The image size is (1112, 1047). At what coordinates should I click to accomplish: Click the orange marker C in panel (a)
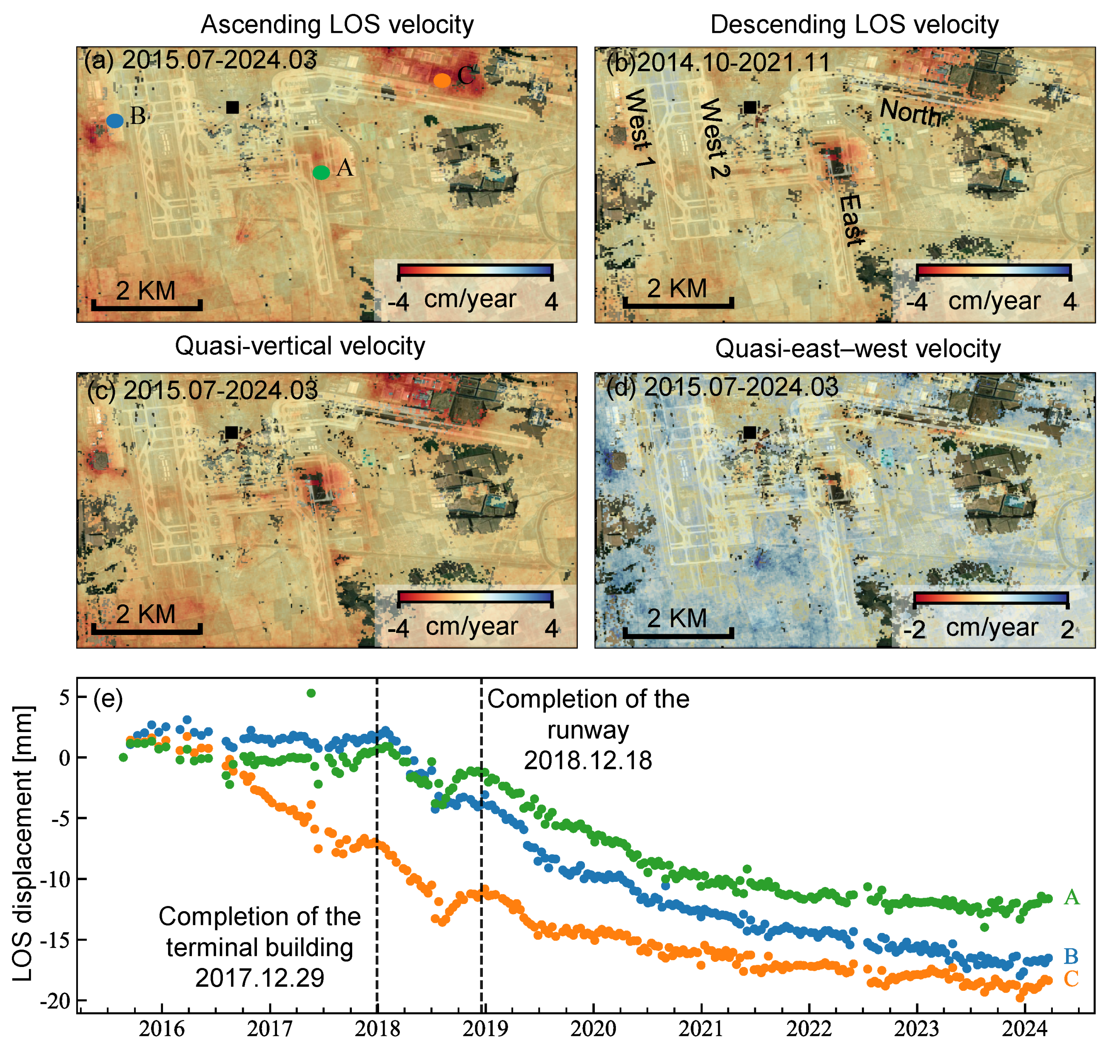tap(442, 80)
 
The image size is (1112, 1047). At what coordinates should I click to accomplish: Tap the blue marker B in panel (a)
tap(115, 121)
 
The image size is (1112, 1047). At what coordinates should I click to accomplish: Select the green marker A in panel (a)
tap(321, 173)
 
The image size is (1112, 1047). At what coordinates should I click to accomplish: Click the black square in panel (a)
tap(233, 107)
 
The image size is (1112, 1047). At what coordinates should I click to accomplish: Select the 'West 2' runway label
tap(714, 138)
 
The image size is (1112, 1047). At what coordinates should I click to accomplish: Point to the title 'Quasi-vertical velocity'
tap(300, 346)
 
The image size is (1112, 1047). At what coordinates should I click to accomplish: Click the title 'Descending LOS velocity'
tap(854, 25)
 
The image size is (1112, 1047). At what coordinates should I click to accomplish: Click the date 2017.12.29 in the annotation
tap(259, 978)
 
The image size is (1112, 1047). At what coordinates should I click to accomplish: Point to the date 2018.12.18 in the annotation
tap(588, 761)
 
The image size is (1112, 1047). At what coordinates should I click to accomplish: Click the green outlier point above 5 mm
tap(311, 693)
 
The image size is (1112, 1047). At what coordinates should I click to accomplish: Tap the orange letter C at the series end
tap(1071, 979)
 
